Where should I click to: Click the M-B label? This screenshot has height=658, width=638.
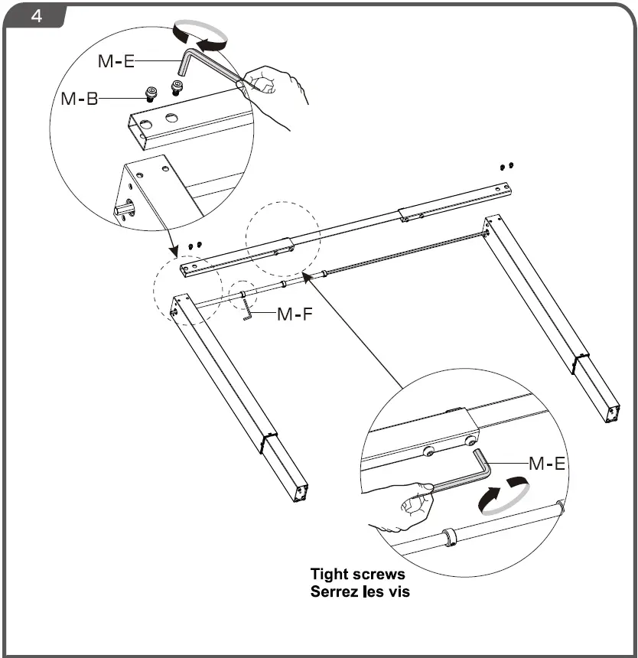click(x=79, y=99)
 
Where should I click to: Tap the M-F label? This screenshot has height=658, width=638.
click(x=294, y=314)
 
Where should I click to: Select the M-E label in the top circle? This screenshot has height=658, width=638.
click(x=116, y=62)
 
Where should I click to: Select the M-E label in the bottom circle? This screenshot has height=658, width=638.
click(x=547, y=463)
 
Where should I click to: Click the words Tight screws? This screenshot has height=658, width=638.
click(x=357, y=574)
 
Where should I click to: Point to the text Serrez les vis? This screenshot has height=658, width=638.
click(x=360, y=591)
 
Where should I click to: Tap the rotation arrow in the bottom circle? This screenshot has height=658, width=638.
click(x=502, y=495)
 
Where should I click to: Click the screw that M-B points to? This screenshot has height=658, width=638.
click(x=150, y=95)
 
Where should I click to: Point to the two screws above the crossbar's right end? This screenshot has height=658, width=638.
click(x=506, y=165)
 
